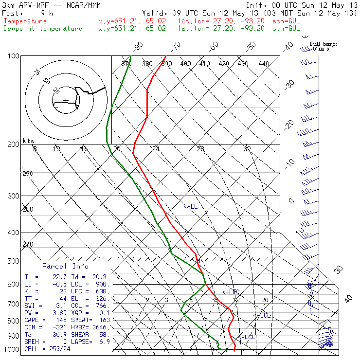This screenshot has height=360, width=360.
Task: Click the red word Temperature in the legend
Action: pyautogui.click(x=25, y=21)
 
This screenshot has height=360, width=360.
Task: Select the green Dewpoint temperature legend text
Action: pyautogui.click(x=43, y=28)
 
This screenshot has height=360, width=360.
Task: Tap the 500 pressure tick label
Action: pyautogui.click(x=13, y=261)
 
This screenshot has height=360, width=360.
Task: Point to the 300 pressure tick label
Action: pyautogui.click(x=13, y=196)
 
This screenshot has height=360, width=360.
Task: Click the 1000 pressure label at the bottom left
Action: pyautogui.click(x=11, y=349)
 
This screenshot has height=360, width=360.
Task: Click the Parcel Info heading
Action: pyautogui.click(x=65, y=266)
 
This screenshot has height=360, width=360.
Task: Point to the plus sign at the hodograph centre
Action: pyautogui.click(x=66, y=100)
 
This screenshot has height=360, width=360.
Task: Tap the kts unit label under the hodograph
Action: pyautogui.click(x=29, y=141)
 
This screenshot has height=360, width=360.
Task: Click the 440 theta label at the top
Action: pyautogui.click(x=264, y=64)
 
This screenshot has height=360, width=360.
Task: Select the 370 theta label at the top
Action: pyautogui.click(x=126, y=64)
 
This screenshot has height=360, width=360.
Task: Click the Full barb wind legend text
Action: pyautogui.click(x=324, y=44)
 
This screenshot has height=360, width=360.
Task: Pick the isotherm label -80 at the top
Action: pyautogui.click(x=139, y=47)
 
